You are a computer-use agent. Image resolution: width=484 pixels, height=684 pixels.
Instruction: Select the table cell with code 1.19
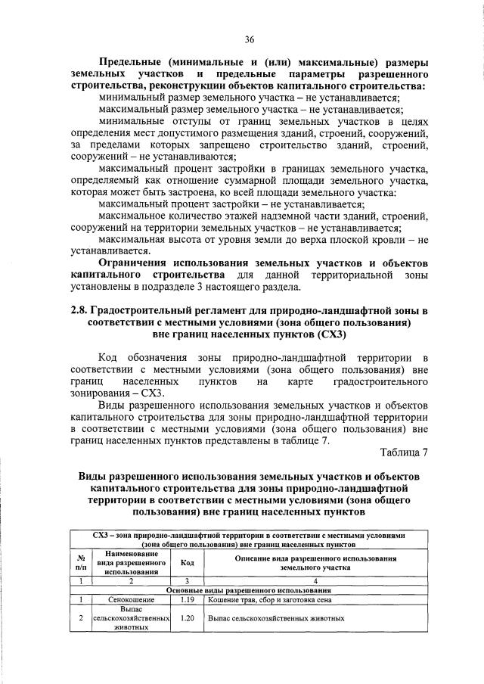188,599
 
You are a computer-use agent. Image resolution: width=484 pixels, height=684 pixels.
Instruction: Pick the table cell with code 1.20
188,618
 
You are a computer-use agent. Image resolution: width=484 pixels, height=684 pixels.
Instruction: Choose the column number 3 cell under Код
188,580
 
